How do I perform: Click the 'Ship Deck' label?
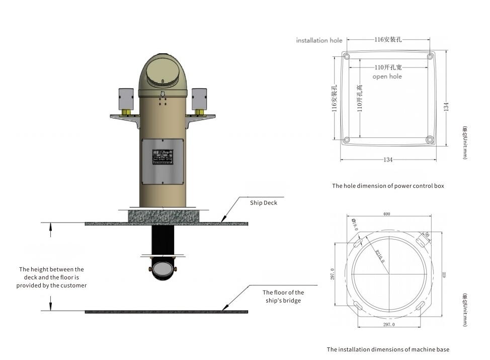pyautogui.click(x=264, y=203)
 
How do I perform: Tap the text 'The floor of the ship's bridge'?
pyautogui.click(x=283, y=296)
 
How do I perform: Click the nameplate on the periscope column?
pyautogui.click(x=162, y=157)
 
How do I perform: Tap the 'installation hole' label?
pyautogui.click(x=319, y=40)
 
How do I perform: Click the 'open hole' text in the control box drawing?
pyautogui.click(x=387, y=77)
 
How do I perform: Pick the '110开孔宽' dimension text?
pyautogui.click(x=387, y=67)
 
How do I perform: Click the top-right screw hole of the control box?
pyautogui.click(x=430, y=55)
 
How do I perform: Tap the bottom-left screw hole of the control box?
pyautogui.click(x=346, y=139)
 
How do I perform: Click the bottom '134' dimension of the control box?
pyautogui.click(x=388, y=160)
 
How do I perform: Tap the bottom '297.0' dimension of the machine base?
pyautogui.click(x=387, y=325)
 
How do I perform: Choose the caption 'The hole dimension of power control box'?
pyautogui.click(x=388, y=186)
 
